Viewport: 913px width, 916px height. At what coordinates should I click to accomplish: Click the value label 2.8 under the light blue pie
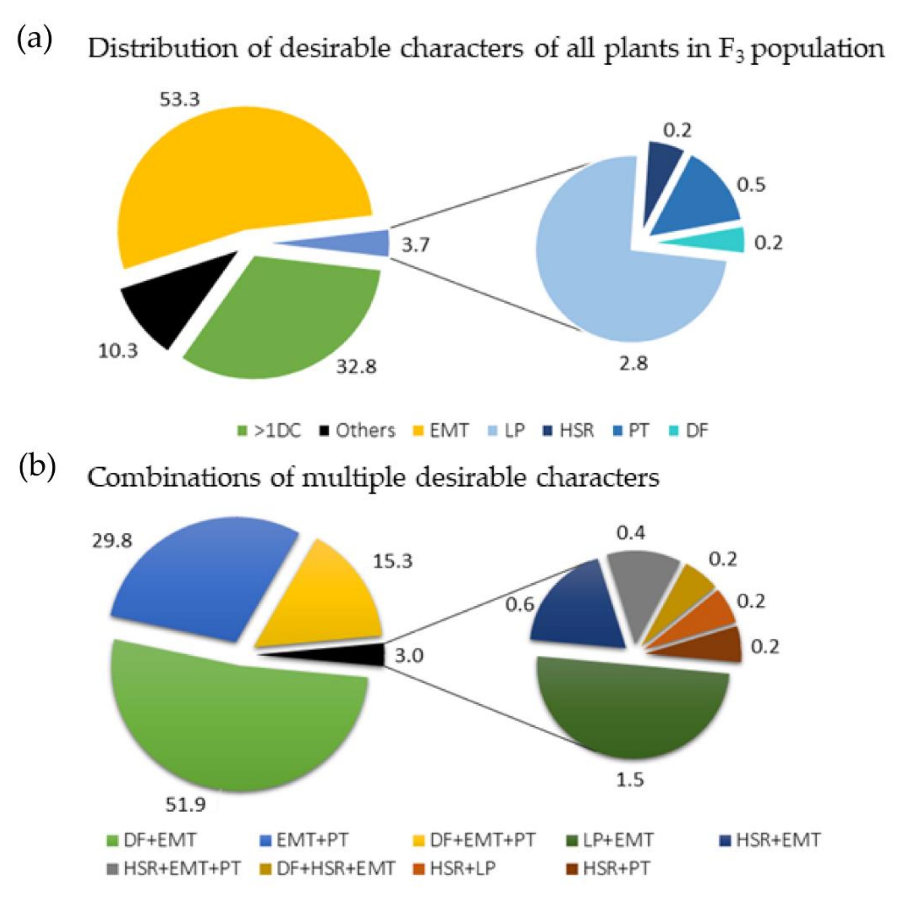tap(634, 364)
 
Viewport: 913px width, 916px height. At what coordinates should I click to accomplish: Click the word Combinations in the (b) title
tap(173, 478)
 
